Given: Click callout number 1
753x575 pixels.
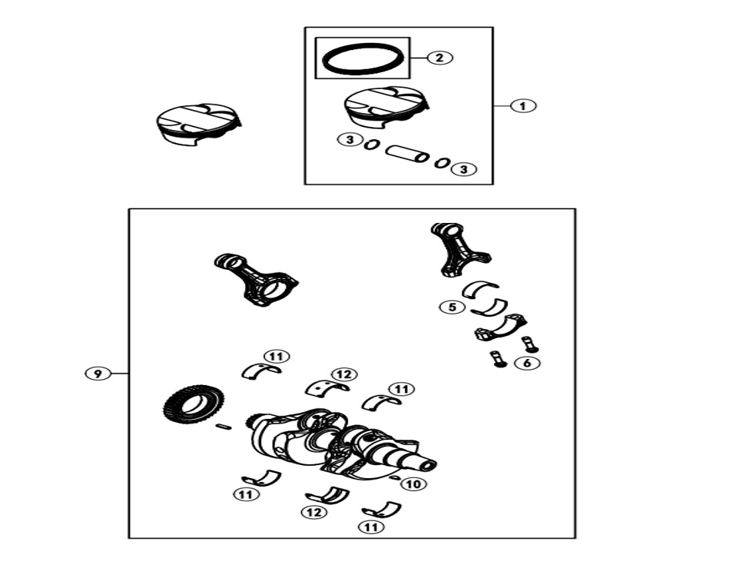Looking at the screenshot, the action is [523, 105].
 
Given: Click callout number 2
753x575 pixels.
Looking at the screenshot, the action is [439, 58].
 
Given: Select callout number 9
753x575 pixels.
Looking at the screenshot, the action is [98, 374].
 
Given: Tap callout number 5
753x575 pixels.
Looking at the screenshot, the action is [452, 307].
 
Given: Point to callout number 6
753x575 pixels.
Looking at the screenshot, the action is [527, 363].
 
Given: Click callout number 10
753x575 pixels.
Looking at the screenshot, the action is [413, 484].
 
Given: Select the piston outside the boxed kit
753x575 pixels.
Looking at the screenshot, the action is [199, 124].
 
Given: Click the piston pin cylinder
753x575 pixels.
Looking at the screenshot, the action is [407, 154].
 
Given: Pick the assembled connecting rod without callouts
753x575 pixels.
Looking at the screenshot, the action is [255, 280].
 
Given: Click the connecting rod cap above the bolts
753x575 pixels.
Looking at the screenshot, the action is [501, 327].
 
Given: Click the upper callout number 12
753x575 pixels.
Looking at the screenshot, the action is [344, 374].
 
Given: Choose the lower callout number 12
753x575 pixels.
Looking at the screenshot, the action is [314, 513].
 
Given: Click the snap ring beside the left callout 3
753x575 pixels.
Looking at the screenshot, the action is [371, 144].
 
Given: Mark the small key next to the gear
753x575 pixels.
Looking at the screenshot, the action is [224, 426].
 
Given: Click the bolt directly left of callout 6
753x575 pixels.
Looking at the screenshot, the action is [496, 359].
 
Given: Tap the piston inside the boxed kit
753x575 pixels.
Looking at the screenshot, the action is [387, 108].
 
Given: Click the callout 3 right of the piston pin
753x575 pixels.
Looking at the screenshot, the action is [463, 170].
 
